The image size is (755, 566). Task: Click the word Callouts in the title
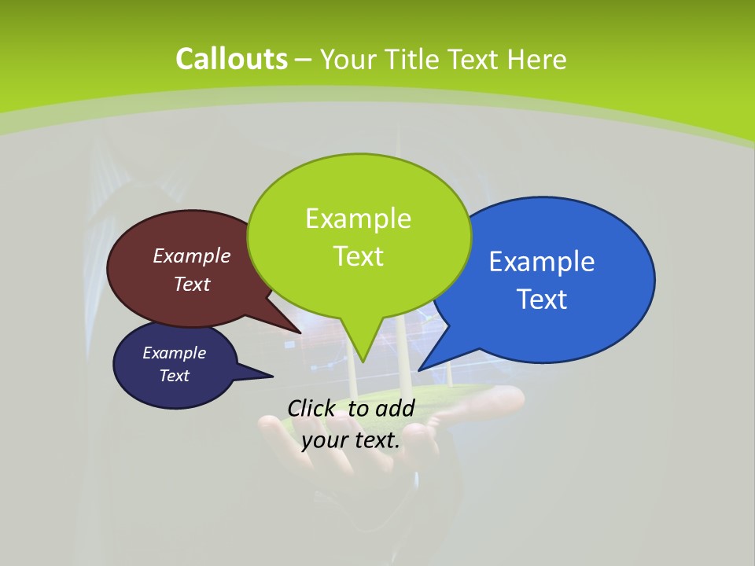(231, 59)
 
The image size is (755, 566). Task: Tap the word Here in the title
(536, 59)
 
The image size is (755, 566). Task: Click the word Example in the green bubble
(358, 219)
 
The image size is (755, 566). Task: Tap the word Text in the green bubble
(358, 256)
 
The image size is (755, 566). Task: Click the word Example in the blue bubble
(542, 262)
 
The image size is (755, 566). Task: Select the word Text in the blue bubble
(542, 300)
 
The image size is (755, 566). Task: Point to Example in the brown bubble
(192, 255)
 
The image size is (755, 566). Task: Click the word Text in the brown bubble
(192, 284)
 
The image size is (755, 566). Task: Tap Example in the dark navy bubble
(174, 353)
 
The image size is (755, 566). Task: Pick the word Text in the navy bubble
(174, 376)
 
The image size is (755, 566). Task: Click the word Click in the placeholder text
(314, 408)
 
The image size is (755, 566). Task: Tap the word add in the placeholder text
(395, 408)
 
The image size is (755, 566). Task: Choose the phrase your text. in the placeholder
(351, 440)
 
